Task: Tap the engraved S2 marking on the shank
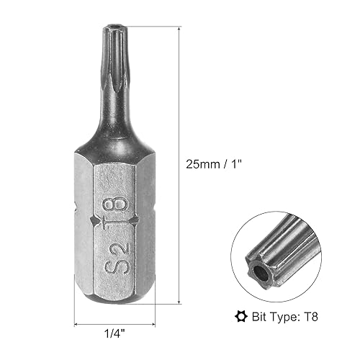pos(117,258)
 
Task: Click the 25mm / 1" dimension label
pos(213,165)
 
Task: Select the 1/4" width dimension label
pos(114,333)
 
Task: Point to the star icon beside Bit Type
pos(241,317)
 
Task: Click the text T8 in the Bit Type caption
pos(311,317)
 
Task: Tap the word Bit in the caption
pos(259,317)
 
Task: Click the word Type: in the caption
pos(284,318)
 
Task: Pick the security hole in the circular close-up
pos(261,274)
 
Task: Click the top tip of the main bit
pos(115,25)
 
